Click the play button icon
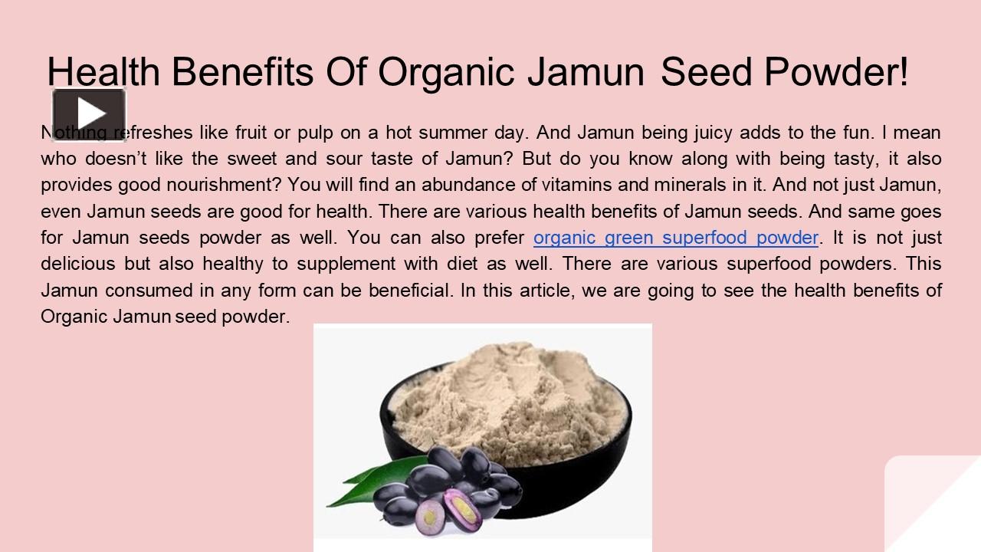tap(89, 114)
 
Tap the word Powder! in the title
tap(835, 72)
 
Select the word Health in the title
tap(103, 72)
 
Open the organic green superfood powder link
tap(675, 238)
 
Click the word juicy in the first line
tap(713, 133)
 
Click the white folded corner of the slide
tap(931, 506)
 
